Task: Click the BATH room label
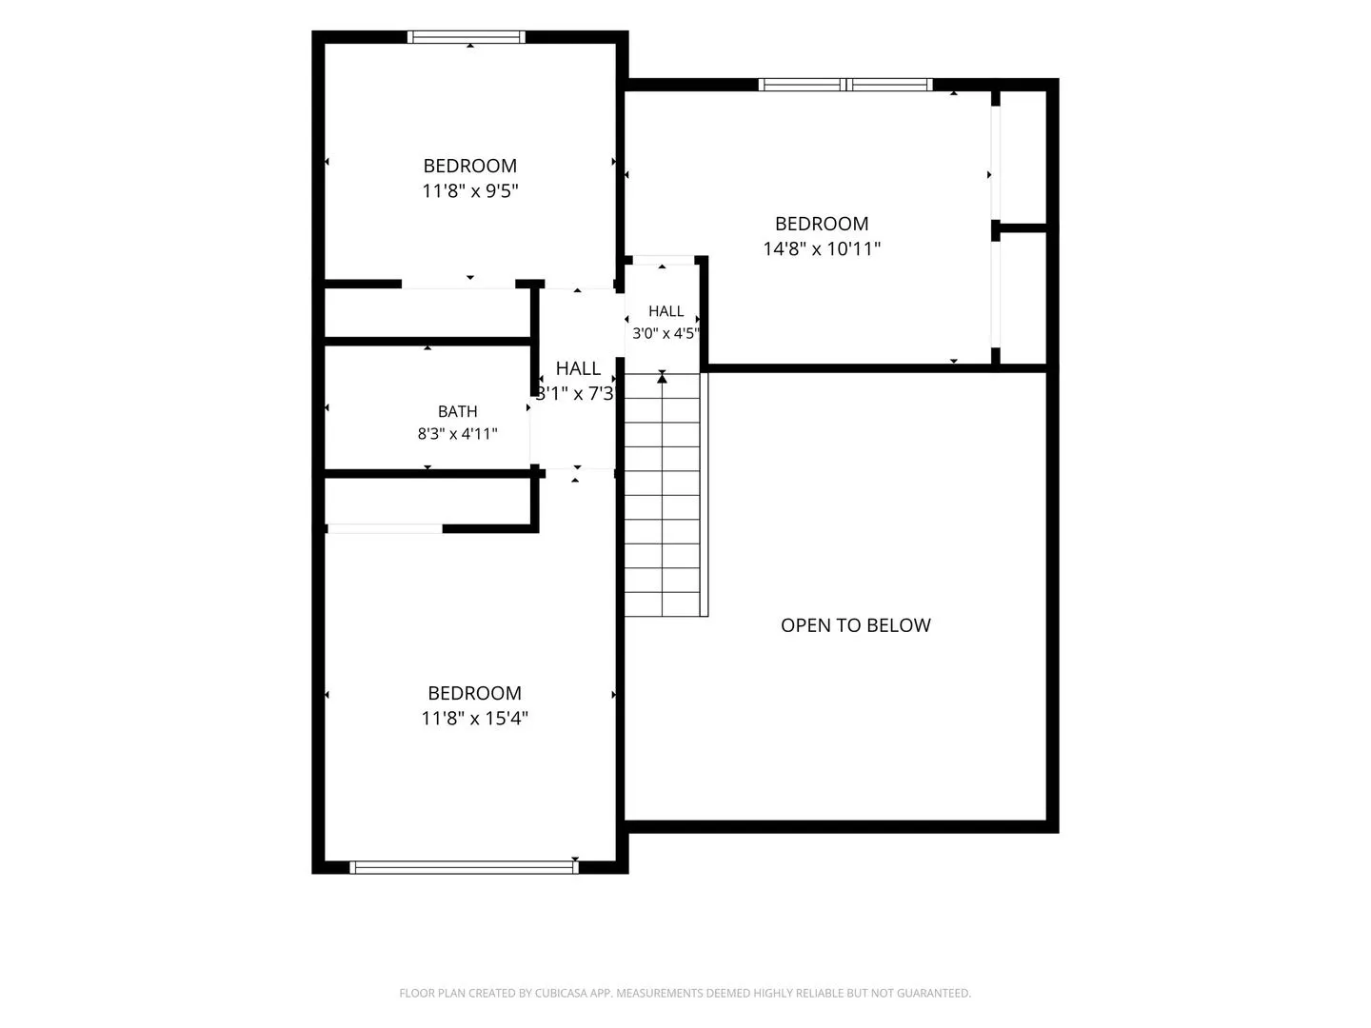[x=457, y=411]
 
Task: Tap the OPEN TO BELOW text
[x=855, y=625]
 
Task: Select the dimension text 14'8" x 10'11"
[x=822, y=249]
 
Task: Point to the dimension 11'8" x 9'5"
[x=469, y=191]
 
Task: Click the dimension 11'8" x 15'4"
[x=474, y=719]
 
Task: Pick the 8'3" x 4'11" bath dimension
[x=457, y=434]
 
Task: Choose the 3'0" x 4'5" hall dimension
[x=666, y=333]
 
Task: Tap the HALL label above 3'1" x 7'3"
[x=578, y=369]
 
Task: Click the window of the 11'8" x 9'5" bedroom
[x=466, y=37]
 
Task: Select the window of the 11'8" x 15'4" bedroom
[x=464, y=867]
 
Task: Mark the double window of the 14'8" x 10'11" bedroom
[x=845, y=85]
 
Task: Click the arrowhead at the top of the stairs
[x=662, y=378]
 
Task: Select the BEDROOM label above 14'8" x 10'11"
[x=822, y=224]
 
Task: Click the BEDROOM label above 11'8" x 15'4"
[x=474, y=693]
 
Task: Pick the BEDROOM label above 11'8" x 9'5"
[x=469, y=166]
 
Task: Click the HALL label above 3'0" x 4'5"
[x=666, y=311]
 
